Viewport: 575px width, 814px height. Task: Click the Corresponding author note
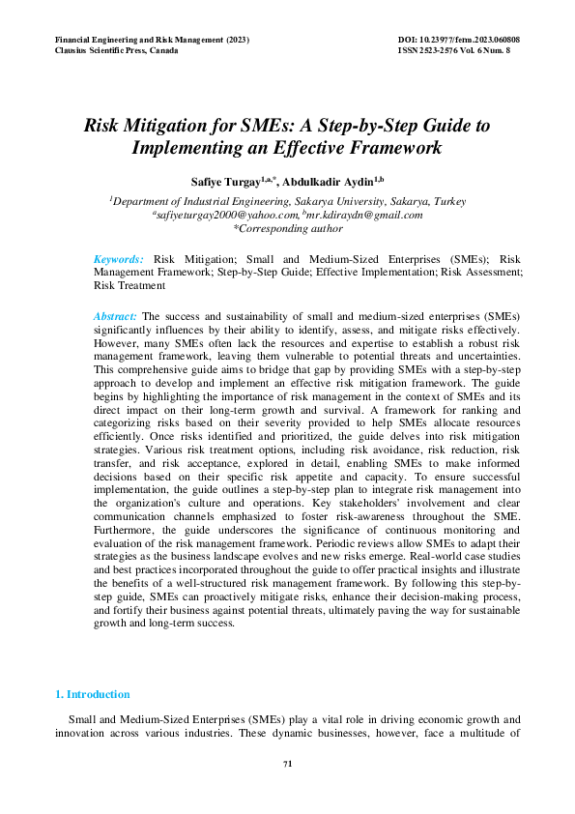coord(288,229)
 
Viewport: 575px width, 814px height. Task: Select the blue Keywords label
coord(119,259)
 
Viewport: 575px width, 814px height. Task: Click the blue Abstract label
coord(115,316)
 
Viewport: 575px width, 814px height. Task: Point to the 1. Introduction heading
coord(92,694)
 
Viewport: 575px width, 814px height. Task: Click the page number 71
coord(287,765)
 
